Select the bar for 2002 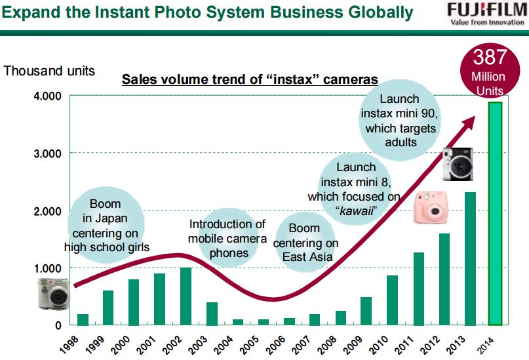[x=186, y=296]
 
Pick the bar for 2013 [x=469, y=258]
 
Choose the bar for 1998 [x=83, y=319]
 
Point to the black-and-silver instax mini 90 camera [x=457, y=164]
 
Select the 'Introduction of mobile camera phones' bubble [x=227, y=239]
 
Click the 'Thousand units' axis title [x=49, y=70]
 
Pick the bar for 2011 [x=418, y=289]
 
